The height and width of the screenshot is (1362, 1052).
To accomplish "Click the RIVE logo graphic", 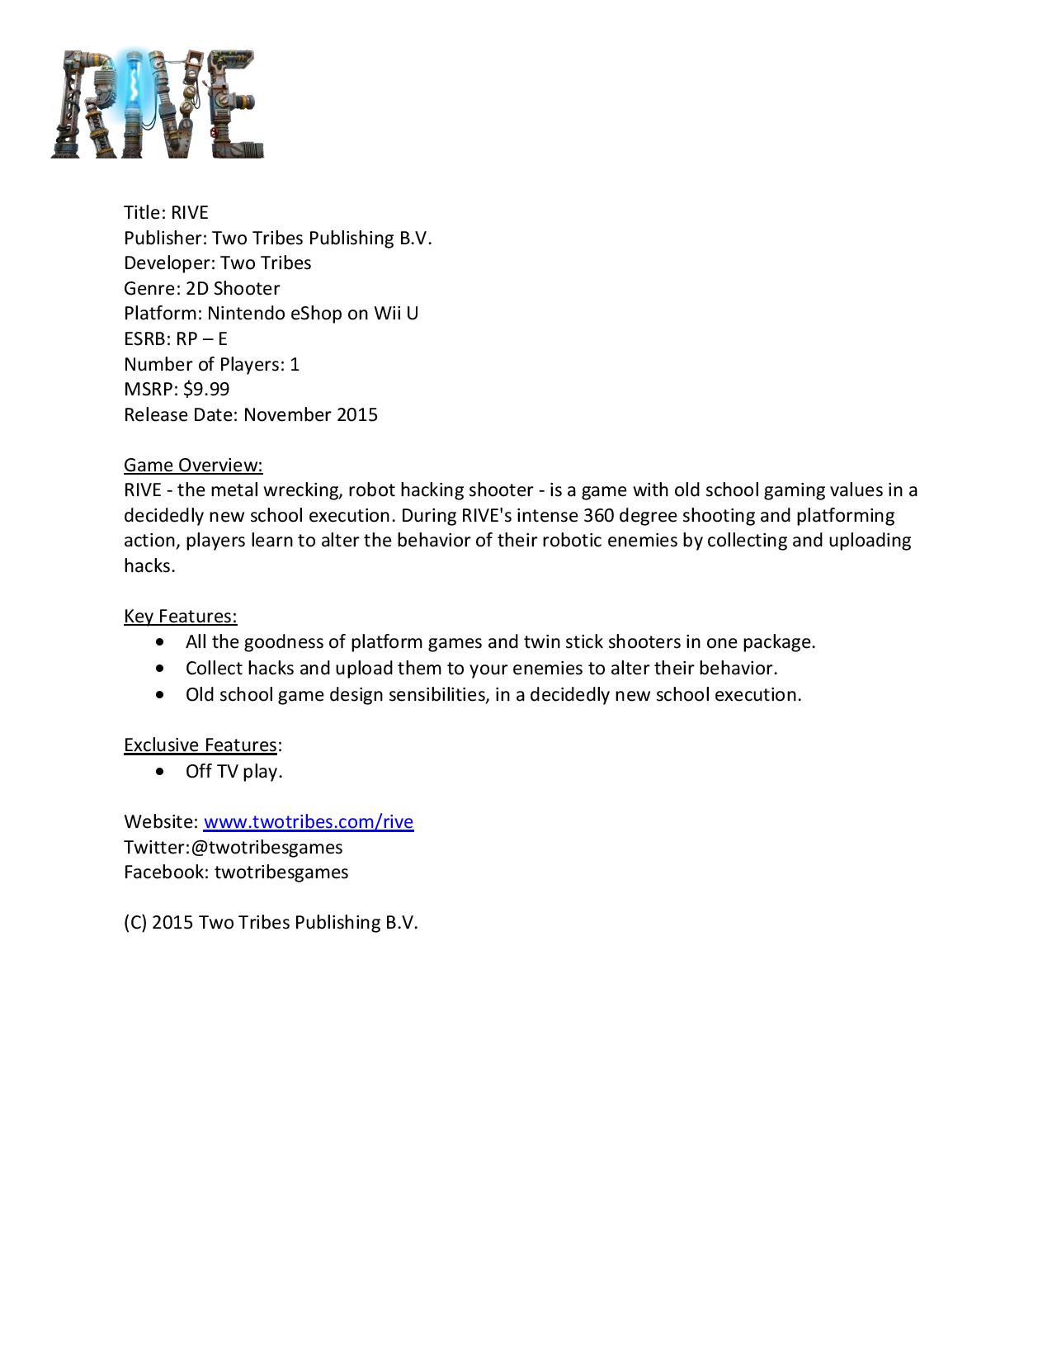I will pos(157,104).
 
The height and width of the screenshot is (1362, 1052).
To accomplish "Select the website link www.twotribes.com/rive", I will pos(308,821).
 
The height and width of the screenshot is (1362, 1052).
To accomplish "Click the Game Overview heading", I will pos(193,465).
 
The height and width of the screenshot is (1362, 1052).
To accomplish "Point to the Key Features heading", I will pos(180,616).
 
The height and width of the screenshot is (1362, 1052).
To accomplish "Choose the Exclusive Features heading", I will pos(200,745).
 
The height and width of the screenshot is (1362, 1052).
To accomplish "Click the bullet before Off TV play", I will pos(159,771).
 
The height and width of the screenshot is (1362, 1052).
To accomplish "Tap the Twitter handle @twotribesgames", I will pos(266,847).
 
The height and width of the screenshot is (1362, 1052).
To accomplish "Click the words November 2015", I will pos(310,414).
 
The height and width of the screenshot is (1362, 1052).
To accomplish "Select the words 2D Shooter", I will pos(233,288).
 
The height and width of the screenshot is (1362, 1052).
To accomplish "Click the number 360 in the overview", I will pos(597,515).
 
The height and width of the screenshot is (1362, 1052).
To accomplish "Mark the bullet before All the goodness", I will pos(159,641).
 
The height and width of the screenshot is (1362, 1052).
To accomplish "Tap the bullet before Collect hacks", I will pos(159,668).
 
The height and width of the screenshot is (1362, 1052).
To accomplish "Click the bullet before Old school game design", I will pos(159,694).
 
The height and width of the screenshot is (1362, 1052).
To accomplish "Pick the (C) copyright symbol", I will pos(135,922).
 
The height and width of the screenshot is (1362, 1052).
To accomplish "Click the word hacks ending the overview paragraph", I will pos(149,565).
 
